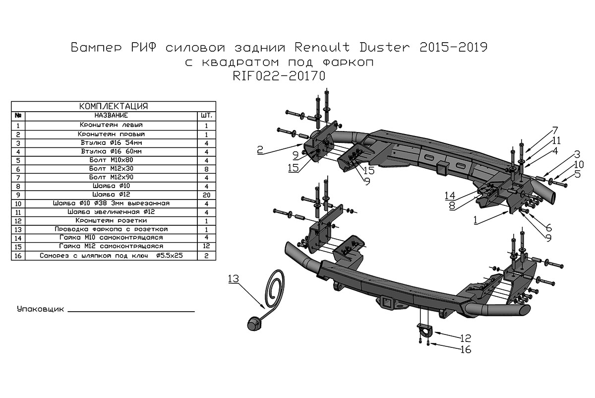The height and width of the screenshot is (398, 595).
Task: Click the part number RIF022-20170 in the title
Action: (278, 77)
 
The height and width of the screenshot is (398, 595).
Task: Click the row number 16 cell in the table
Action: (18, 256)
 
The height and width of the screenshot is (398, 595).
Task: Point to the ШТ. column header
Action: (206, 115)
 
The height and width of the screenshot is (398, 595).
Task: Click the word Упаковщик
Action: (41, 310)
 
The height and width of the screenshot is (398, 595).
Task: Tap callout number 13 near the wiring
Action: (234, 279)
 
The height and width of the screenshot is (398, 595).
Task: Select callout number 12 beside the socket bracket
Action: (465, 338)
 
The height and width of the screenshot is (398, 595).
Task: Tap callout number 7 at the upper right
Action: (554, 131)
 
